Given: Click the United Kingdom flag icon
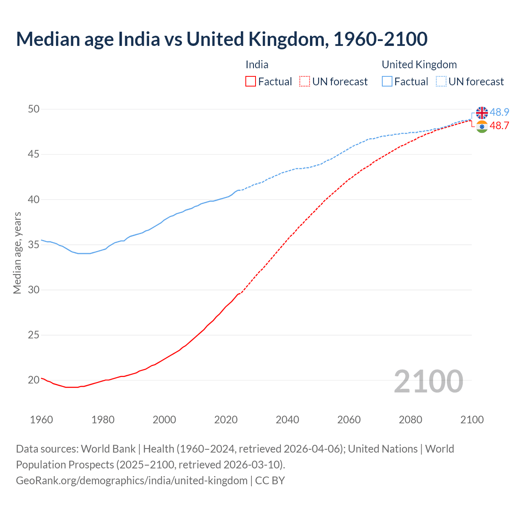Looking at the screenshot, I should [x=482, y=113].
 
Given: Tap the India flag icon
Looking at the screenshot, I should [x=482, y=126].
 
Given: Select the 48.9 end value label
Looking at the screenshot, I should [x=499, y=113].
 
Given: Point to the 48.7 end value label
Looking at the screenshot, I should [x=499, y=126].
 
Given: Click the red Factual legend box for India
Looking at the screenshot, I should [x=251, y=82].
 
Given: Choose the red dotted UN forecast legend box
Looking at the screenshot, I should [x=305, y=82].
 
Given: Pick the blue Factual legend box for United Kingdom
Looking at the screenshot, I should [x=387, y=82].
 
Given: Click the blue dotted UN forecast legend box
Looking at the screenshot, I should [x=441, y=82].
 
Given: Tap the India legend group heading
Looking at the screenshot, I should [x=257, y=65].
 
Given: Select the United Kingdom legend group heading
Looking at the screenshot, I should [x=419, y=65].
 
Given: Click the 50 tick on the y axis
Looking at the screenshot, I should [x=34, y=109].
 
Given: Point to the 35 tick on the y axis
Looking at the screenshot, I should [x=34, y=245].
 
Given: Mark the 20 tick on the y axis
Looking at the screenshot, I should [x=34, y=380].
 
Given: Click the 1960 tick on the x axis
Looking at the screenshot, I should [x=41, y=420].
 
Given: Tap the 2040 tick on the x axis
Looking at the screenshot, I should [x=287, y=420].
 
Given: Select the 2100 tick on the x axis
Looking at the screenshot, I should [x=472, y=420].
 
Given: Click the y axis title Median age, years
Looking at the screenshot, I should [x=17, y=253].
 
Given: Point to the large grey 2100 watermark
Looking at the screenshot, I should [x=428, y=381].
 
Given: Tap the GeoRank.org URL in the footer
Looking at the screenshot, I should [x=132, y=481].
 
